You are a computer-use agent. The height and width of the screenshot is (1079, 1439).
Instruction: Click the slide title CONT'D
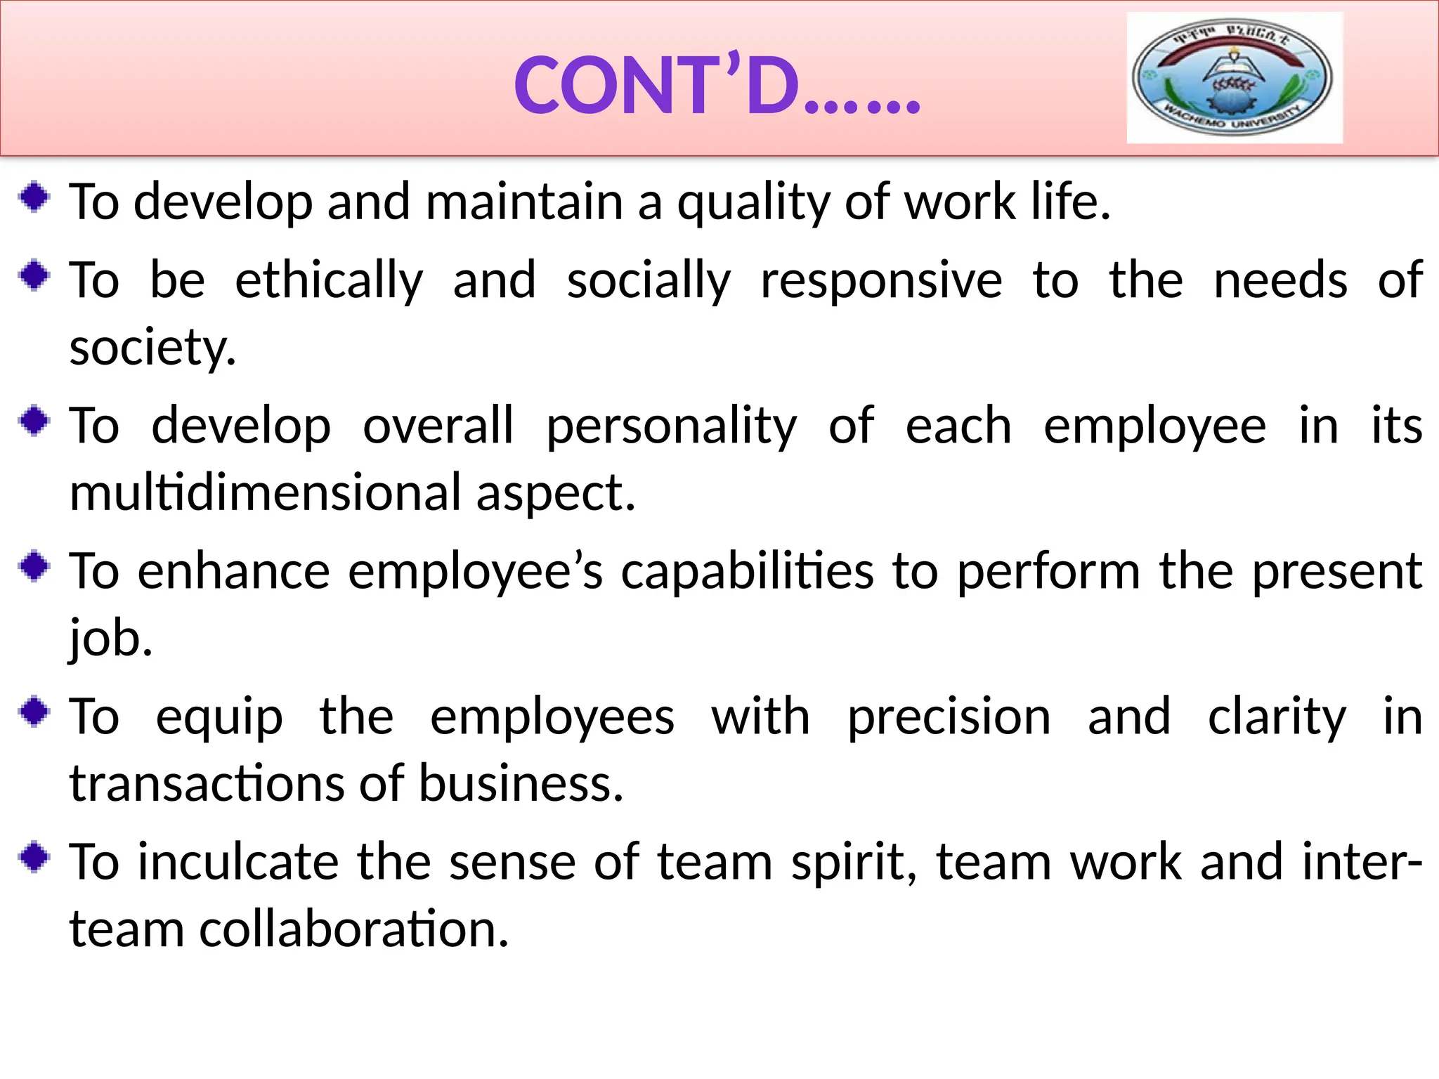[x=717, y=86]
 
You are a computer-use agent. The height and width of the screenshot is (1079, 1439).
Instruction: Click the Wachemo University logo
[x=1234, y=77]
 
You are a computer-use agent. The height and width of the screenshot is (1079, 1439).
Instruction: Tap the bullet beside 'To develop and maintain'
[x=34, y=197]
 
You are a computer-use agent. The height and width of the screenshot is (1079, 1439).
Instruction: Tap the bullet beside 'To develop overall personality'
[x=34, y=421]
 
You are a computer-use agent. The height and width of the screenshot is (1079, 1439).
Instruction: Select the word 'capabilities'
[x=748, y=572]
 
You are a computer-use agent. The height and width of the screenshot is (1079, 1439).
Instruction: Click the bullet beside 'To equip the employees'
[x=34, y=712]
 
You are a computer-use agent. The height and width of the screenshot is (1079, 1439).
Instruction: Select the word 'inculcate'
[x=238, y=863]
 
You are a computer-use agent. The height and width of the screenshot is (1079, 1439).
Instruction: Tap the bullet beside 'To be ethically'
[x=34, y=275]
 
